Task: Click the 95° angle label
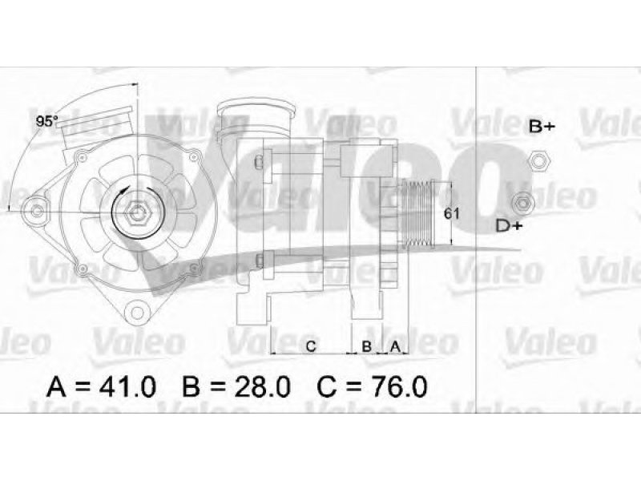47,121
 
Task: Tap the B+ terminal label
542,127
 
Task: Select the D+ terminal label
510,225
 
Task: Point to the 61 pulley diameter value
451,213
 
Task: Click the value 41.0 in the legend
127,386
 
